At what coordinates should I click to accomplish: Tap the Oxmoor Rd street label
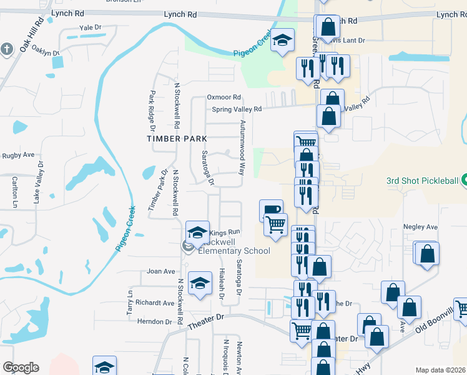coord(224,97)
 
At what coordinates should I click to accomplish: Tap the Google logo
coord(21,367)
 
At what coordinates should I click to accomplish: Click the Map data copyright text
coord(441,370)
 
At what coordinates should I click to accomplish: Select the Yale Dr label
coord(90,27)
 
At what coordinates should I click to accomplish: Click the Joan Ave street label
coord(160,272)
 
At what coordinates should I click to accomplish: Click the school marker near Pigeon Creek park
coord(282,41)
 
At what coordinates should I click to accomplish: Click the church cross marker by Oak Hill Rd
coord(6,49)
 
